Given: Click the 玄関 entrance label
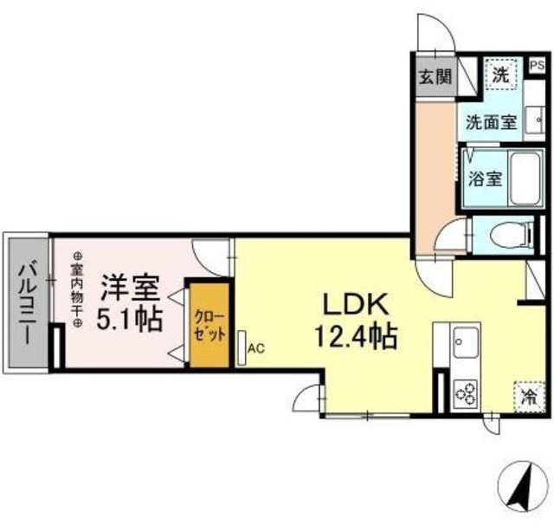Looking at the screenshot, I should tap(435, 75).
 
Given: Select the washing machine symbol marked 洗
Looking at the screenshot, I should tap(500, 74).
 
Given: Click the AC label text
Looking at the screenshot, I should tap(256, 349).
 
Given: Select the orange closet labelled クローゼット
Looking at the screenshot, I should tap(209, 323).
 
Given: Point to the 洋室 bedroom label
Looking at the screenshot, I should tap(130, 287).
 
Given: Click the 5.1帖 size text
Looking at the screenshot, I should tap(130, 319).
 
